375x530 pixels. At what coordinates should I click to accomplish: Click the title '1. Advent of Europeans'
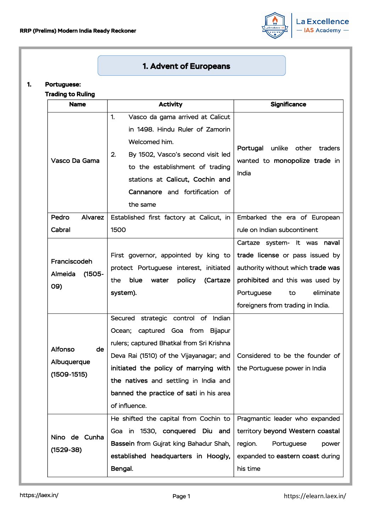186,66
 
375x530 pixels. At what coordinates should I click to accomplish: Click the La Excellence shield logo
275,25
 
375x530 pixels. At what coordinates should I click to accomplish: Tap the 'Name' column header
77,104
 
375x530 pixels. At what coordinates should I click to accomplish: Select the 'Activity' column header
170,104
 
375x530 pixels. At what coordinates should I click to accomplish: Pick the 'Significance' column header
288,104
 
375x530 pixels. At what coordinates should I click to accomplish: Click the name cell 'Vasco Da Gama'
75,161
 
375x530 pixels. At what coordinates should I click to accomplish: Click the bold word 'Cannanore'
145,192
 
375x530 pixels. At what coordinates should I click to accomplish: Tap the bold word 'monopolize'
292,161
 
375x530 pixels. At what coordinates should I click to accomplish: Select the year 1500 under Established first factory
118,230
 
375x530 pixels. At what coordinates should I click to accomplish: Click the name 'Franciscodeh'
72,262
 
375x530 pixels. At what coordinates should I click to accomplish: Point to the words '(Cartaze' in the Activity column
217,280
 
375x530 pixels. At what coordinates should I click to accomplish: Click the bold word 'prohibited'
253,280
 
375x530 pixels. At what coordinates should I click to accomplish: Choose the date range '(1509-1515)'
69,375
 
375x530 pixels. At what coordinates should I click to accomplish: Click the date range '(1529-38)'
66,450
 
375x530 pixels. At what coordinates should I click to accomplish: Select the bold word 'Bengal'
121,469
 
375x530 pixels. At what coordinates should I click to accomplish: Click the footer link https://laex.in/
39,495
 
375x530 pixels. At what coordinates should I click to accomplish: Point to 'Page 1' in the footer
181,496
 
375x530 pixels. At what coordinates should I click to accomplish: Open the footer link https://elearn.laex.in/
315,496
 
